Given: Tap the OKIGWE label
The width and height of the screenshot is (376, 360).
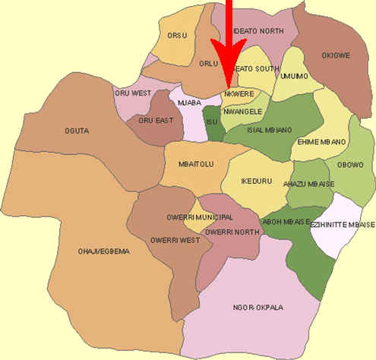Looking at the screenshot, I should click(335, 55).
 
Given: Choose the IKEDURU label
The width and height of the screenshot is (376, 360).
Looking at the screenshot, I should click(254, 182).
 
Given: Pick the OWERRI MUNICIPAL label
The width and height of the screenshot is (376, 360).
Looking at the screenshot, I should click(199, 217).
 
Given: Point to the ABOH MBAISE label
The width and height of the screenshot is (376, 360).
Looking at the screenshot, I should click(286, 221).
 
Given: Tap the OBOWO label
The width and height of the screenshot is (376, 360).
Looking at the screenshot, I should click(350, 164).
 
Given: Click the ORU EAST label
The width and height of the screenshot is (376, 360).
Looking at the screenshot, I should click(155, 120).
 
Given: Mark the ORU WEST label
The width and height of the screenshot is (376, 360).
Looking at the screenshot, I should click(133, 93).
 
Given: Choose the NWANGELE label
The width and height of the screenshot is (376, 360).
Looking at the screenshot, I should click(242, 111).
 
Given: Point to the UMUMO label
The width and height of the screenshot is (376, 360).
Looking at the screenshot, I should click(293, 75).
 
